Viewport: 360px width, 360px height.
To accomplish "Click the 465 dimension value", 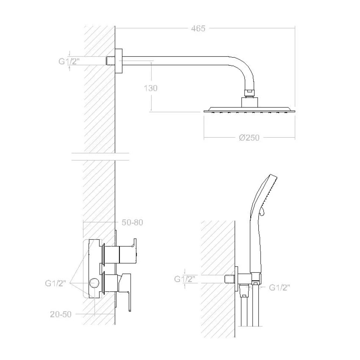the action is click(x=198, y=29).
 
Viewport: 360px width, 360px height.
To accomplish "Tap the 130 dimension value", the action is click(x=151, y=88).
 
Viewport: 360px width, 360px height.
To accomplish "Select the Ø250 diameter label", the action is click(x=249, y=138).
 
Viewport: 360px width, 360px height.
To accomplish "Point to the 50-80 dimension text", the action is click(x=132, y=222).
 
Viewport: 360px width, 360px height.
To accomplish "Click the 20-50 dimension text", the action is click(x=61, y=314).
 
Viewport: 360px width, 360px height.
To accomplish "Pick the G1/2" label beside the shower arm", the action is click(x=69, y=61).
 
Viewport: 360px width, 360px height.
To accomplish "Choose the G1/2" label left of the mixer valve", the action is click(x=55, y=283).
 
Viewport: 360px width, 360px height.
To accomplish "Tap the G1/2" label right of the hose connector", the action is click(x=279, y=287).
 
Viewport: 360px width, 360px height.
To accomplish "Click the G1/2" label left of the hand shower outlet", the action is click(x=184, y=279).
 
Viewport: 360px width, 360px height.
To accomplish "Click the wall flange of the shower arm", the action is click(x=118, y=61).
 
